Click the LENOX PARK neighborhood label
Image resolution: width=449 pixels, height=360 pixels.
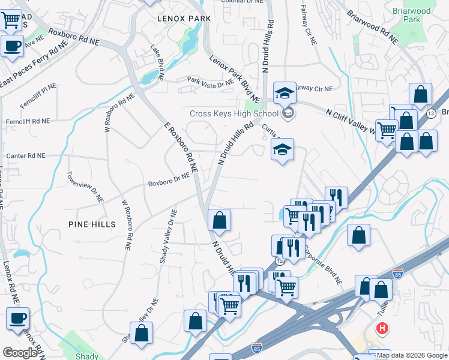[x=184, y=19]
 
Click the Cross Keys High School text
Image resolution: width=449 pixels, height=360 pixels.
[x=234, y=113]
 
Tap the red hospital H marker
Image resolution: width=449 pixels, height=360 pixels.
[x=381, y=328]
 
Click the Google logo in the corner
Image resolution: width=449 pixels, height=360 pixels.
[x=20, y=352]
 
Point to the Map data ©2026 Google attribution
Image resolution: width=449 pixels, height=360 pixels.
[x=412, y=355]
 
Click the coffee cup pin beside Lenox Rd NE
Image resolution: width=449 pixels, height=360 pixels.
[x=17, y=318]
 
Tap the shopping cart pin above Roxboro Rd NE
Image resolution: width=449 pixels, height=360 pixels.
[x=11, y=21]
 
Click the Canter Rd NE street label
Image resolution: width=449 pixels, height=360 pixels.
[x=26, y=155]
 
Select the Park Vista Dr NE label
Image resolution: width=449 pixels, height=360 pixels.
[x=210, y=82]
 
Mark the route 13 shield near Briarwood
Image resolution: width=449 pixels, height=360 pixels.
[x=430, y=113]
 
